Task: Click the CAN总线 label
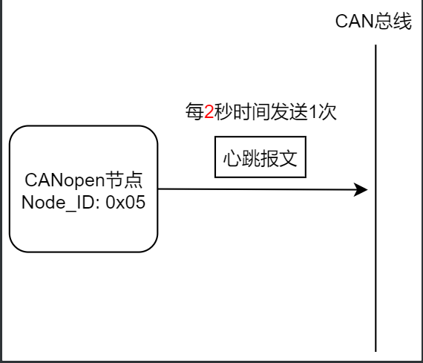tap(373, 22)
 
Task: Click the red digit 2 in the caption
tap(209, 112)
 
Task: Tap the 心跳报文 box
tap(260, 157)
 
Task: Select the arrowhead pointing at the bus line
tap(361, 189)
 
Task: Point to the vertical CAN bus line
tap(376, 260)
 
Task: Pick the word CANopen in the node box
tap(58, 180)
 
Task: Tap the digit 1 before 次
tap(312, 112)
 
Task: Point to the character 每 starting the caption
tap(194, 112)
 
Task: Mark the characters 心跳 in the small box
tap(241, 158)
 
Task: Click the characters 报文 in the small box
tap(278, 158)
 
